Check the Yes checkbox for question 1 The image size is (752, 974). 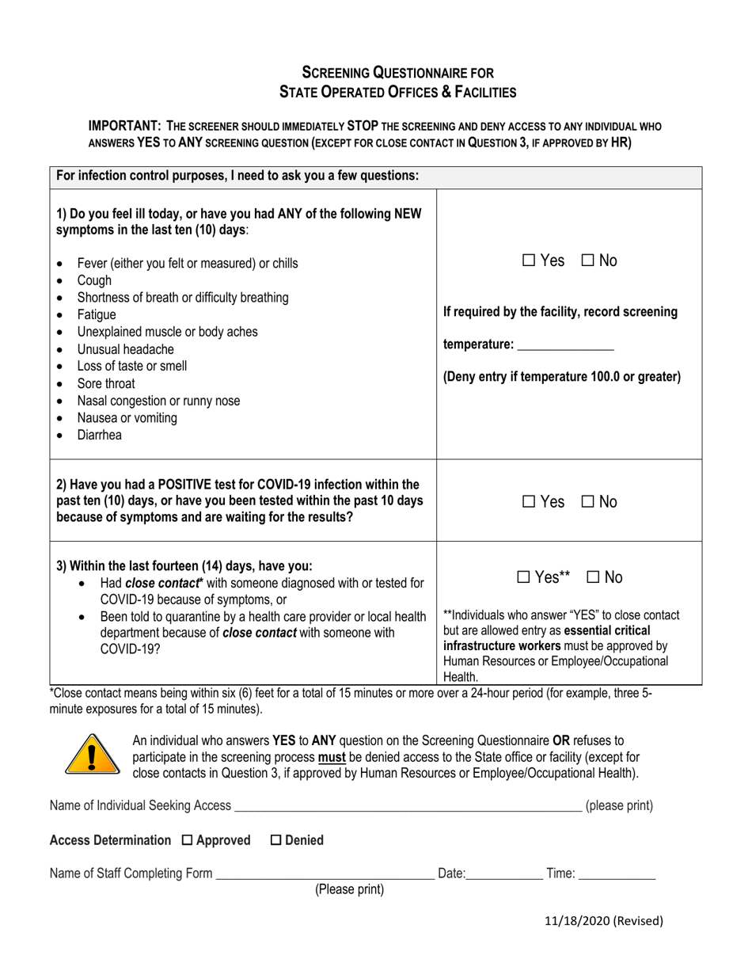click(x=529, y=261)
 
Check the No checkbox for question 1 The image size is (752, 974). click(x=588, y=261)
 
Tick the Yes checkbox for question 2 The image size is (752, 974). click(x=529, y=502)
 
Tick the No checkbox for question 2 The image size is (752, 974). click(x=588, y=502)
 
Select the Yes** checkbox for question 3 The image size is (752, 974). click(x=524, y=578)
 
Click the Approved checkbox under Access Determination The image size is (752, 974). click(x=188, y=840)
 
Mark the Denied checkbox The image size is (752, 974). click(x=276, y=840)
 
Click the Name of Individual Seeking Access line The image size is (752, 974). click(x=408, y=807)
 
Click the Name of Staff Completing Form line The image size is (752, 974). click(x=325, y=874)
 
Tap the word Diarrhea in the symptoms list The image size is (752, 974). click(x=100, y=436)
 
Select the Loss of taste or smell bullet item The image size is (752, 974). click(x=132, y=366)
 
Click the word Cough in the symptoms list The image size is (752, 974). click(x=94, y=280)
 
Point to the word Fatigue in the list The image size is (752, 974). click(x=97, y=315)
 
